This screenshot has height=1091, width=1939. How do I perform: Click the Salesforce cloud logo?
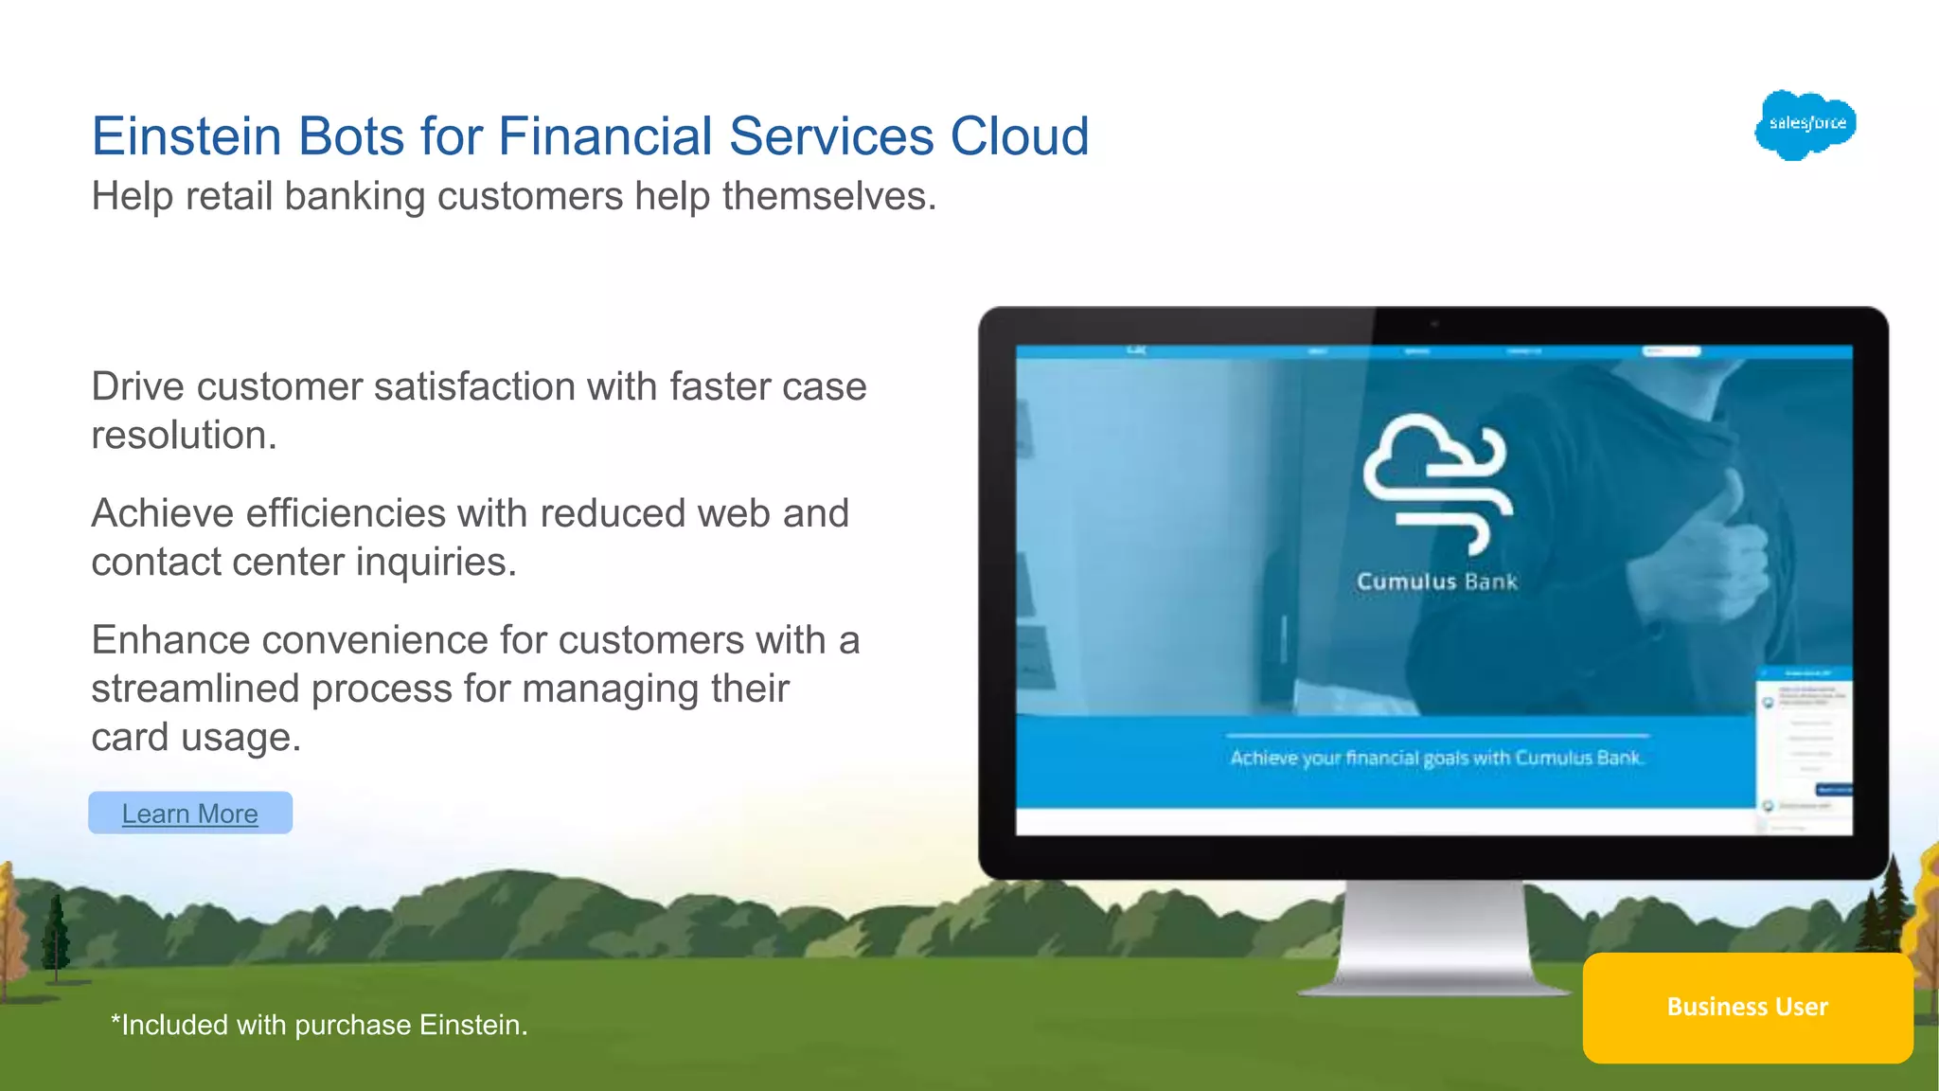pos(1806,124)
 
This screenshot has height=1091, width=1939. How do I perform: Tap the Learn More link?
pos(189,814)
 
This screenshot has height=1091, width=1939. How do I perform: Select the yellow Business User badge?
pos(1747,1007)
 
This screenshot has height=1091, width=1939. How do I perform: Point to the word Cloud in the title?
pos(1019,136)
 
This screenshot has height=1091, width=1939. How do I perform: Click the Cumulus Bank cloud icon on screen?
pos(1436,481)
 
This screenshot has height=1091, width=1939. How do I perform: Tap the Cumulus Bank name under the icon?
pos(1436,581)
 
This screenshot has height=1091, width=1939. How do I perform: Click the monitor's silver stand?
pos(1435,938)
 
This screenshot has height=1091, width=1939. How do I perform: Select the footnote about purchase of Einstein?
pos(319,1025)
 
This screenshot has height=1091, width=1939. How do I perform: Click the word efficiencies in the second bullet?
pos(346,514)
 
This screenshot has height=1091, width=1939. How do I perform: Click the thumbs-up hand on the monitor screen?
pos(1723,549)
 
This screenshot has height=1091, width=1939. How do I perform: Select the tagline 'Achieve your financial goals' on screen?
pos(1436,758)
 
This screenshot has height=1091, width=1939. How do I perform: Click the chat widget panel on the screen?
pos(1804,748)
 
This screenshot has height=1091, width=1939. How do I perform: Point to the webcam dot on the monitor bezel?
pos(1434,325)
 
